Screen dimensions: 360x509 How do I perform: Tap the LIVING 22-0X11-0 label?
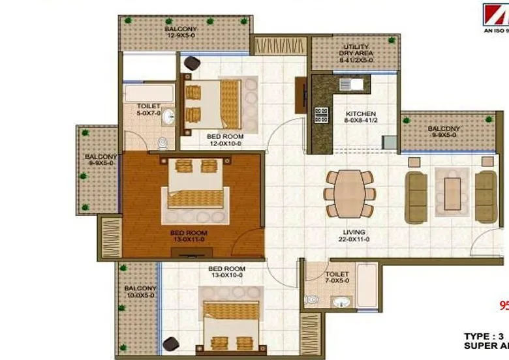(354, 236)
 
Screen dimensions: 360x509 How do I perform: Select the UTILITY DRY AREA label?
(356, 53)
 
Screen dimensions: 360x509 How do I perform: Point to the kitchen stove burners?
(321, 115)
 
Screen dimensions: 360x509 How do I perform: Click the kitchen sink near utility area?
(357, 83)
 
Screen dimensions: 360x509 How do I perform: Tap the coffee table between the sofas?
(452, 194)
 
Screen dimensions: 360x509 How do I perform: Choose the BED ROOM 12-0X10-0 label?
(224, 140)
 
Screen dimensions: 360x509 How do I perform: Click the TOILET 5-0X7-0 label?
(148, 110)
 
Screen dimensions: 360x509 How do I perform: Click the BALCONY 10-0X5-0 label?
(140, 292)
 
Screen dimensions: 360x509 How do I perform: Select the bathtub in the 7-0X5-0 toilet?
(367, 286)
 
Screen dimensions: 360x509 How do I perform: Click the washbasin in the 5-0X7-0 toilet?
(168, 117)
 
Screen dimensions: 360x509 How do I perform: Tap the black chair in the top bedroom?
(193, 63)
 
